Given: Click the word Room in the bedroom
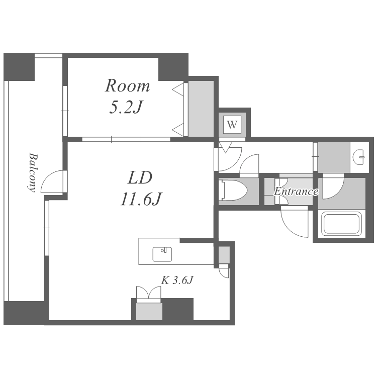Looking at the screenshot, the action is click(x=128, y=85).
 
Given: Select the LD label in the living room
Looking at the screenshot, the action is click(x=140, y=177).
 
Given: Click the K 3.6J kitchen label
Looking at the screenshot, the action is click(x=177, y=280).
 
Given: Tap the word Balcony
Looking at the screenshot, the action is click(x=33, y=172).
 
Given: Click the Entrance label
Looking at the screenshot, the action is click(x=296, y=192).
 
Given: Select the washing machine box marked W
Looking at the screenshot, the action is click(x=232, y=125).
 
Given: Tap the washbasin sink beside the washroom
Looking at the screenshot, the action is click(x=359, y=157).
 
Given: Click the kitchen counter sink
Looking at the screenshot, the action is click(x=162, y=254).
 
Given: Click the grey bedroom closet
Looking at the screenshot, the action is click(x=201, y=109).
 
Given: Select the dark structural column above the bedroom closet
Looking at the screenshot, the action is click(x=173, y=66).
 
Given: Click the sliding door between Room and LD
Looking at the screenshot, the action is click(x=126, y=139).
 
